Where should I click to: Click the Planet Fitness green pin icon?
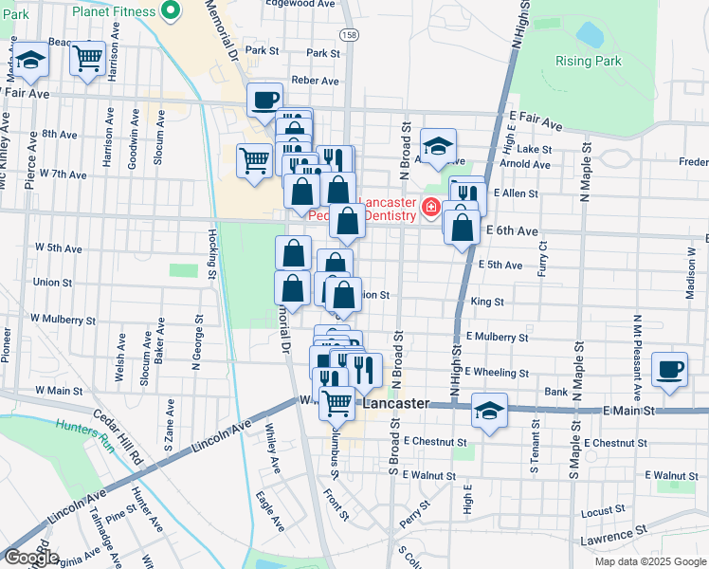coord(171,11)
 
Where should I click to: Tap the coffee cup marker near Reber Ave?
coord(264,98)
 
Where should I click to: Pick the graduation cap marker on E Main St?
coord(489,410)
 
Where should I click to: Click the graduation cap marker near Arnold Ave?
coord(438,145)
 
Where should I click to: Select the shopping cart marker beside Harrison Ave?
coord(87,58)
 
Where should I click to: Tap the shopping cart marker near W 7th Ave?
coord(254,160)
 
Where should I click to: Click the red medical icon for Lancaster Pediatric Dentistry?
coord(429,206)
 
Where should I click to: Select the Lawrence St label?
coord(614,536)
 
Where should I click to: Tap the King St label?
coord(486,302)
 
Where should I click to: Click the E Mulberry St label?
coord(497,337)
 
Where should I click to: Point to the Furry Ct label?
coord(542,257)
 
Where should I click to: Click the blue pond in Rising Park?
coord(590,35)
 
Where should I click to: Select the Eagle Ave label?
coord(270,510)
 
